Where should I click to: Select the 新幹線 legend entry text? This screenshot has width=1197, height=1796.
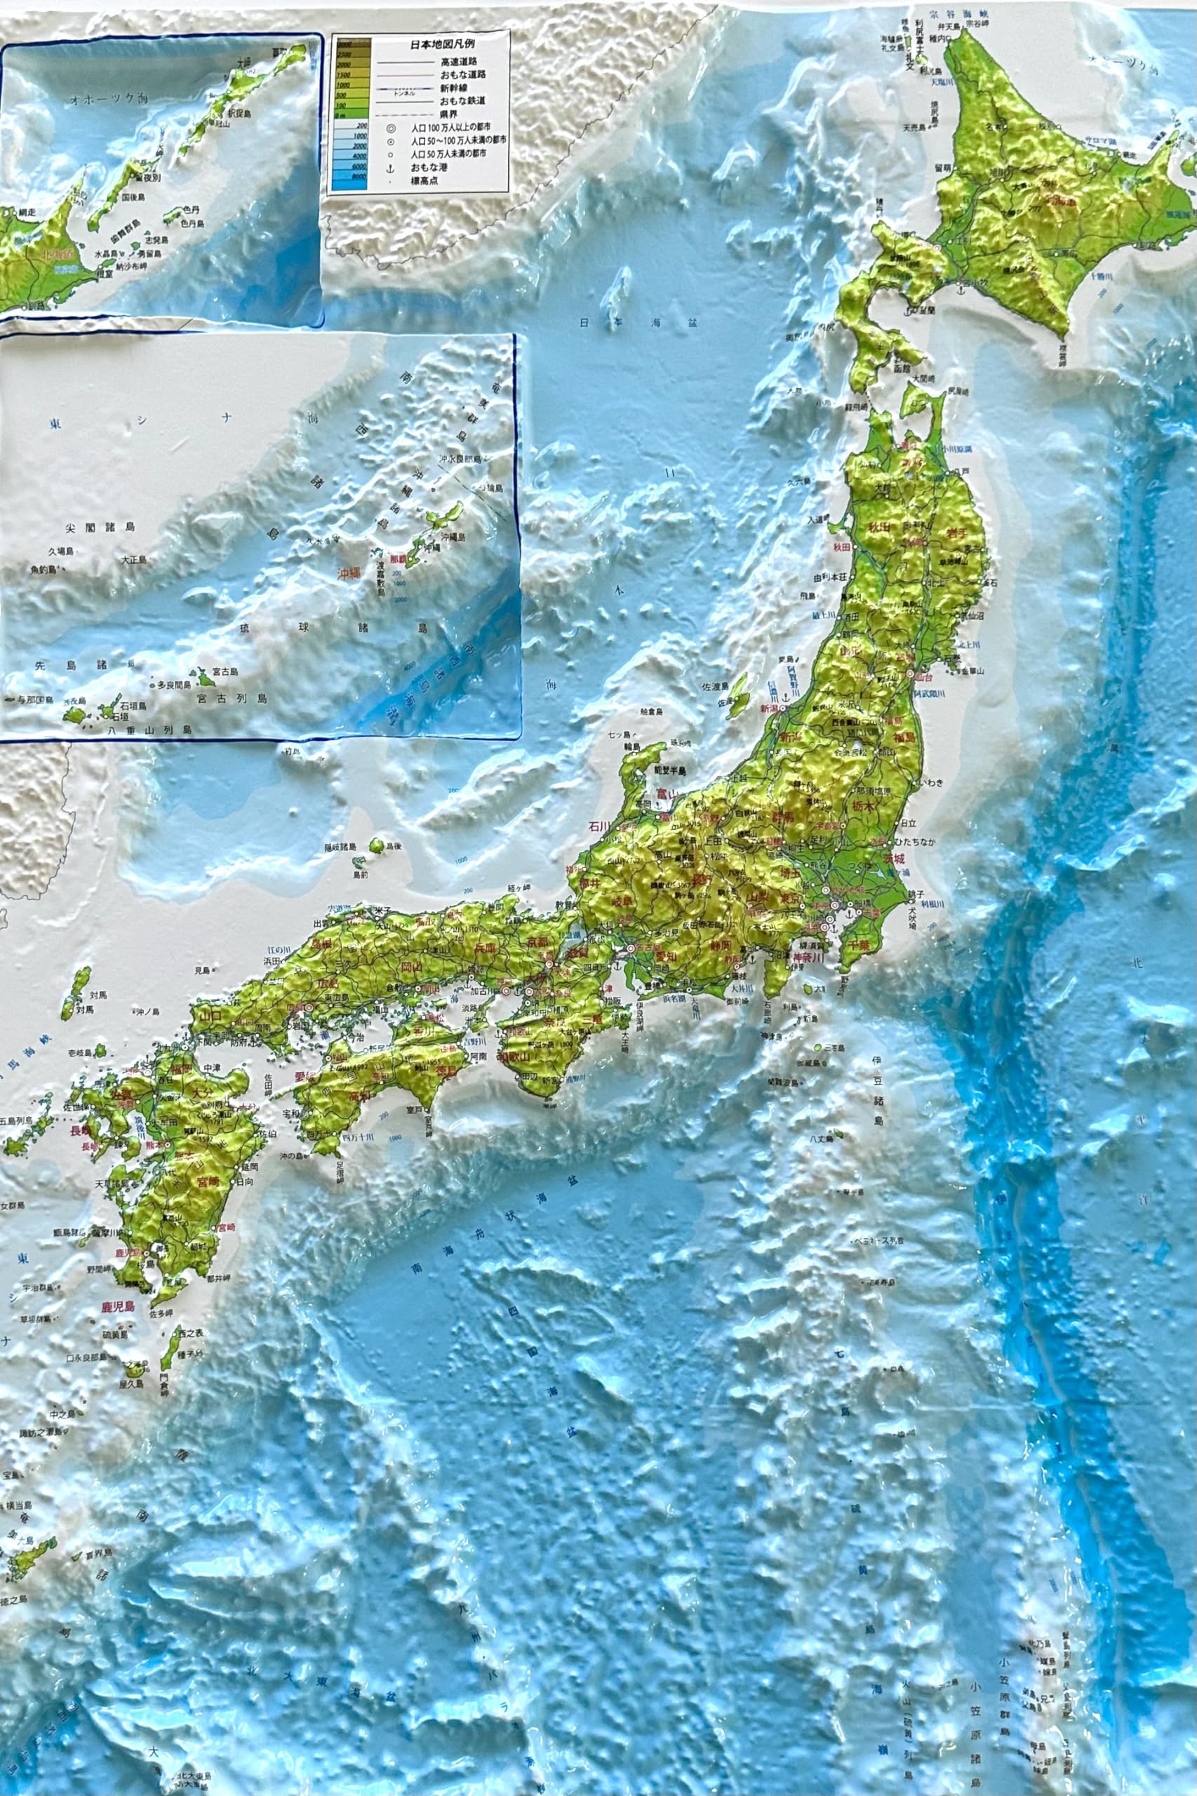pyautogui.click(x=457, y=88)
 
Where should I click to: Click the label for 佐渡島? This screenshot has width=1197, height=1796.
pyautogui.click(x=716, y=686)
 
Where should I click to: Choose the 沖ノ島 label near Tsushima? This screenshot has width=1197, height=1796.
pyautogui.click(x=146, y=1012)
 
